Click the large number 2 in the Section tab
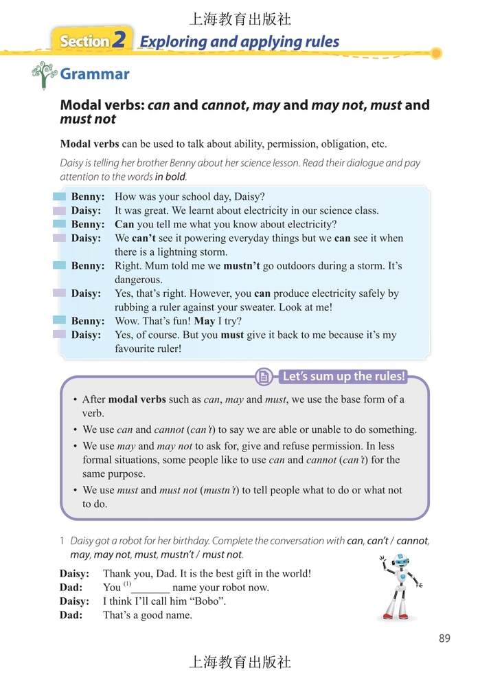(x=119, y=41)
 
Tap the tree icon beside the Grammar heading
(x=44, y=75)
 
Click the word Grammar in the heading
(x=95, y=74)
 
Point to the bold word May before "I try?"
(x=204, y=321)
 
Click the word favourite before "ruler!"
(x=137, y=348)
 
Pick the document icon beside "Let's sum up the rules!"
(x=263, y=377)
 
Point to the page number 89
(x=444, y=638)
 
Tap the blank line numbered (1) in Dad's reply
(x=150, y=588)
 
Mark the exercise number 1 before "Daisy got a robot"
(x=63, y=541)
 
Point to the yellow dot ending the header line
(x=435, y=53)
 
